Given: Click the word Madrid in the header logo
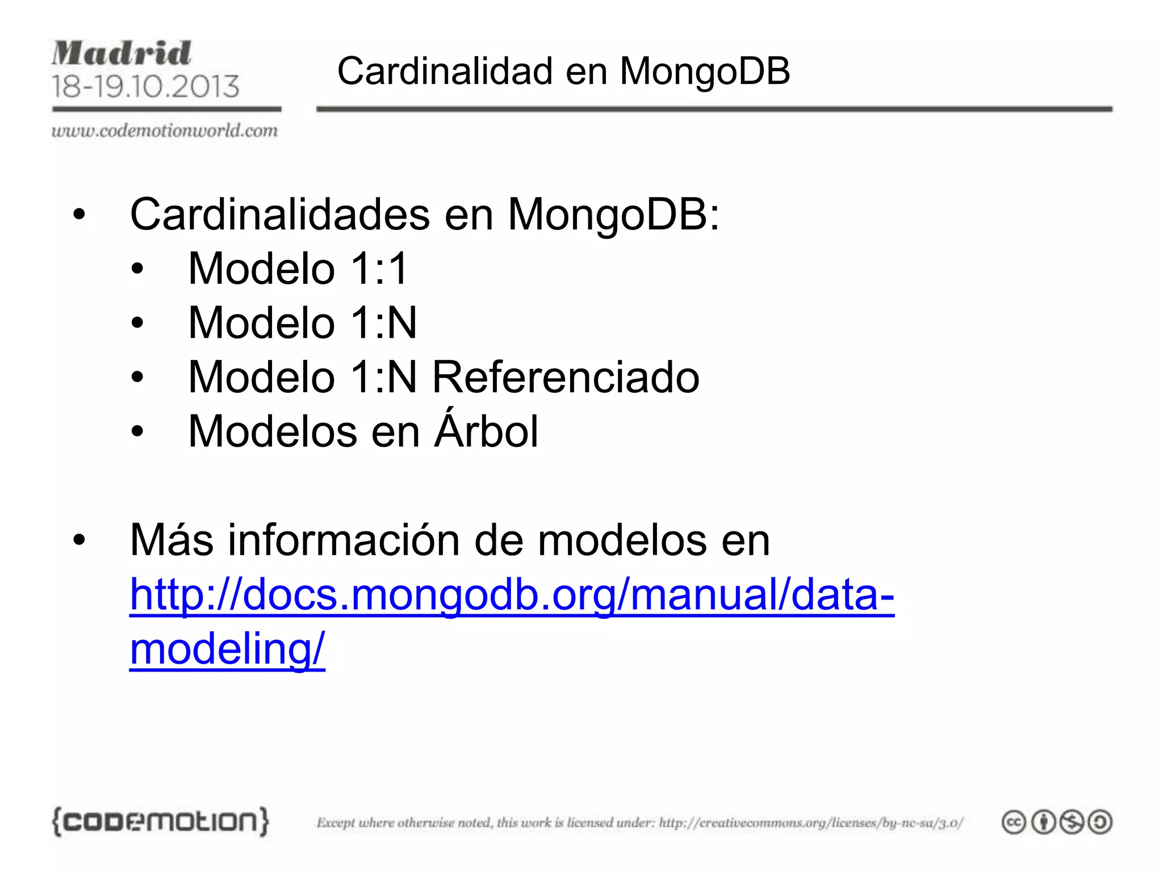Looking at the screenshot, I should (x=122, y=53).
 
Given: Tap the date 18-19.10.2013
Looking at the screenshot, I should (x=145, y=86).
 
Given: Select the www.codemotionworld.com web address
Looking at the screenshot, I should (x=165, y=131).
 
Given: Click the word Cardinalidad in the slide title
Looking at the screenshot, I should (x=445, y=72).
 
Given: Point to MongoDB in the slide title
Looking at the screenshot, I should (x=704, y=72).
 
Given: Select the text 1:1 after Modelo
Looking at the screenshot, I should (x=379, y=269).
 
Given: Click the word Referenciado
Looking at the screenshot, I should (x=566, y=377).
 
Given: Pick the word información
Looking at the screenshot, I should (x=344, y=540).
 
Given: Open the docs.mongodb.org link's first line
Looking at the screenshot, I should (x=512, y=594).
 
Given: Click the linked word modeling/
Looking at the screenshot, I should (x=227, y=649).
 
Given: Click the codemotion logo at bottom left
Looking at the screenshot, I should (x=160, y=821).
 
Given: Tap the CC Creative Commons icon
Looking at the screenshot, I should (x=1014, y=822).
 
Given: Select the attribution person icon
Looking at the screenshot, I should (x=1043, y=822).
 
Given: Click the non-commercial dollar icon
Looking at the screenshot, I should (x=1072, y=822).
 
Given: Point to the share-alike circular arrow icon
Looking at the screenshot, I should (x=1101, y=822).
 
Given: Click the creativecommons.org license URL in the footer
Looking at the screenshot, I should (x=811, y=823).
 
